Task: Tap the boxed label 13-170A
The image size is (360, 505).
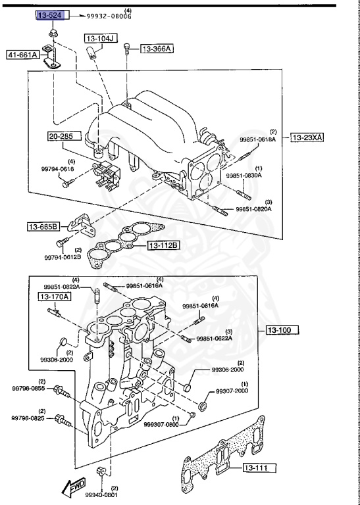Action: (x=54, y=297)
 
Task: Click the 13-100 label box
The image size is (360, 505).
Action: (x=282, y=329)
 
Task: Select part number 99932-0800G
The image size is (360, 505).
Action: (x=109, y=16)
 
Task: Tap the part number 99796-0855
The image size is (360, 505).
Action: (x=29, y=389)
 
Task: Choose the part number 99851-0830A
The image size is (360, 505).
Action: (x=244, y=176)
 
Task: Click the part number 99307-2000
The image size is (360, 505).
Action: (x=230, y=391)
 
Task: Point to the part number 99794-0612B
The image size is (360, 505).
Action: (x=63, y=257)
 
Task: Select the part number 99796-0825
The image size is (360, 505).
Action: (x=29, y=418)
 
